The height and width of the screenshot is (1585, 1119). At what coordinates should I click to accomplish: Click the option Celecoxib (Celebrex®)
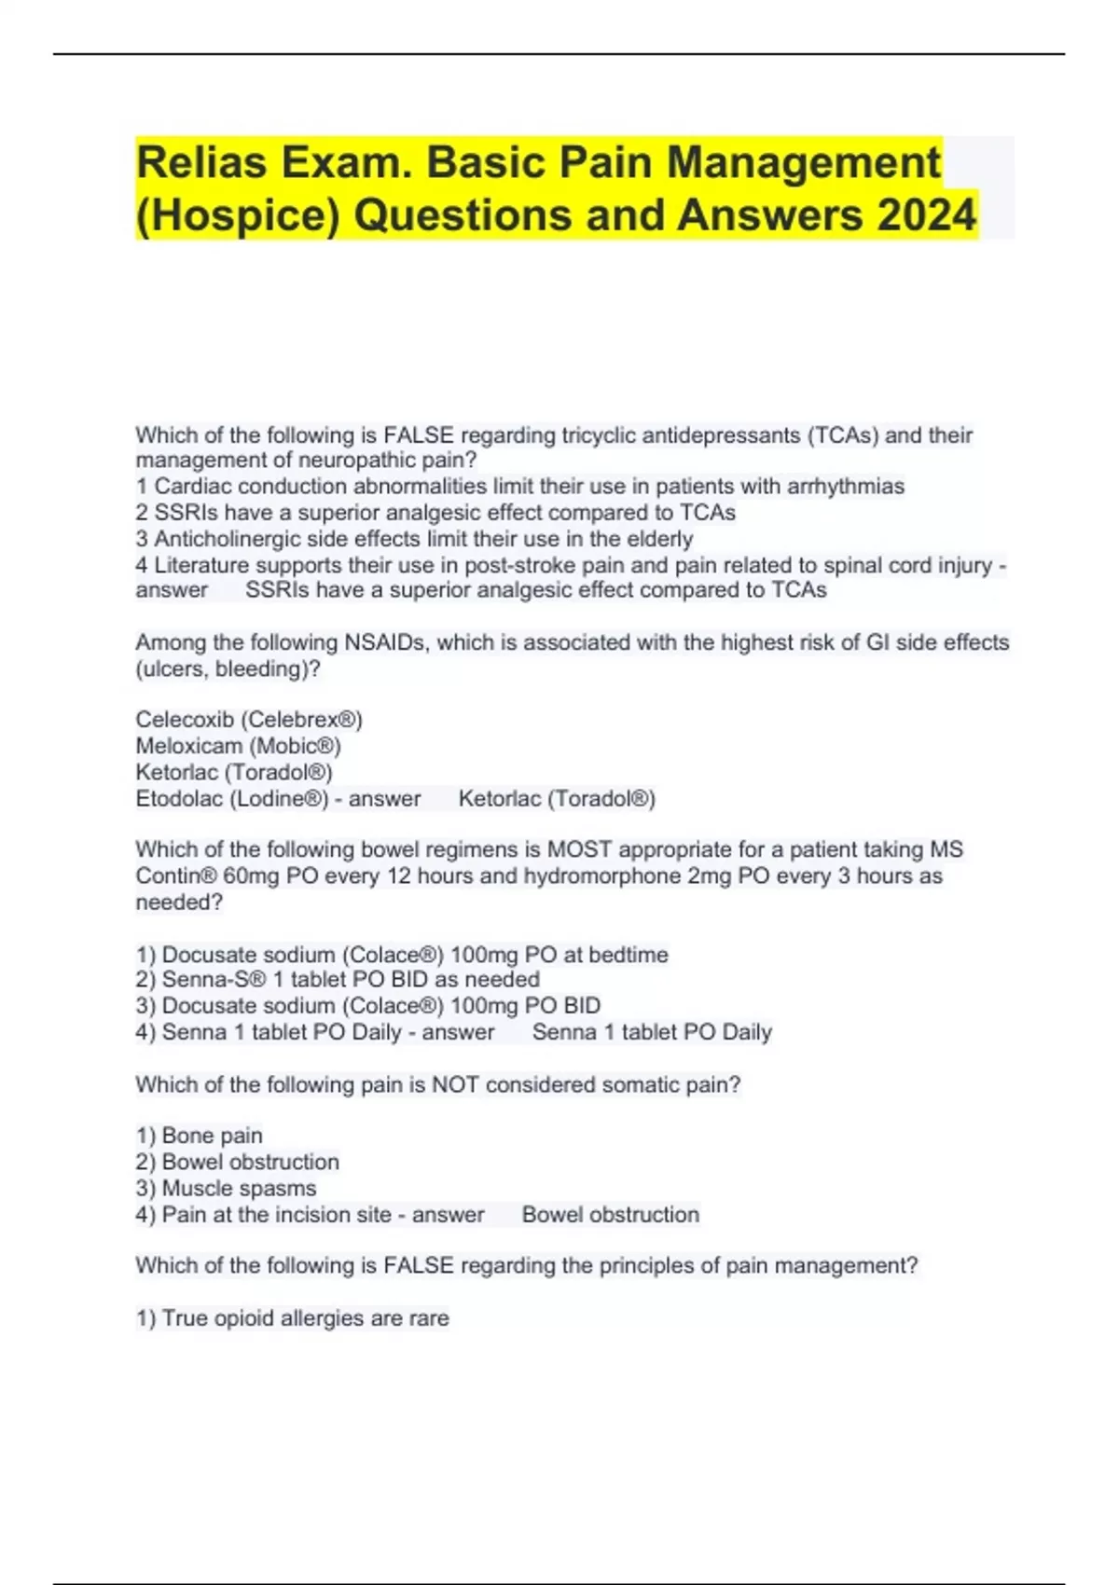coord(249,720)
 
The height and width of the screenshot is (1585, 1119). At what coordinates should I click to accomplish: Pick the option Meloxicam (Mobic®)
coord(238,746)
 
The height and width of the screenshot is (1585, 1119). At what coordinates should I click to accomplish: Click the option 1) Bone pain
coord(199,1136)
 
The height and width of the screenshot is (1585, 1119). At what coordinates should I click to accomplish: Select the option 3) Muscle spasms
coord(226,1188)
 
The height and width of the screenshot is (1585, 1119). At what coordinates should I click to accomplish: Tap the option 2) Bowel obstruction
coord(237,1162)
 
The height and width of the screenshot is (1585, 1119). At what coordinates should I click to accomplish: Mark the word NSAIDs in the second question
coord(382,642)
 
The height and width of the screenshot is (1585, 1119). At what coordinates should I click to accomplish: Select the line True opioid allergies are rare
coord(293,1318)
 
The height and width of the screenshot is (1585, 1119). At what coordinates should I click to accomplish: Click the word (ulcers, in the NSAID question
coord(172,669)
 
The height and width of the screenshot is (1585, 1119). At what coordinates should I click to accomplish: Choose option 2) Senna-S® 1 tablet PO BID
coord(338,980)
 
